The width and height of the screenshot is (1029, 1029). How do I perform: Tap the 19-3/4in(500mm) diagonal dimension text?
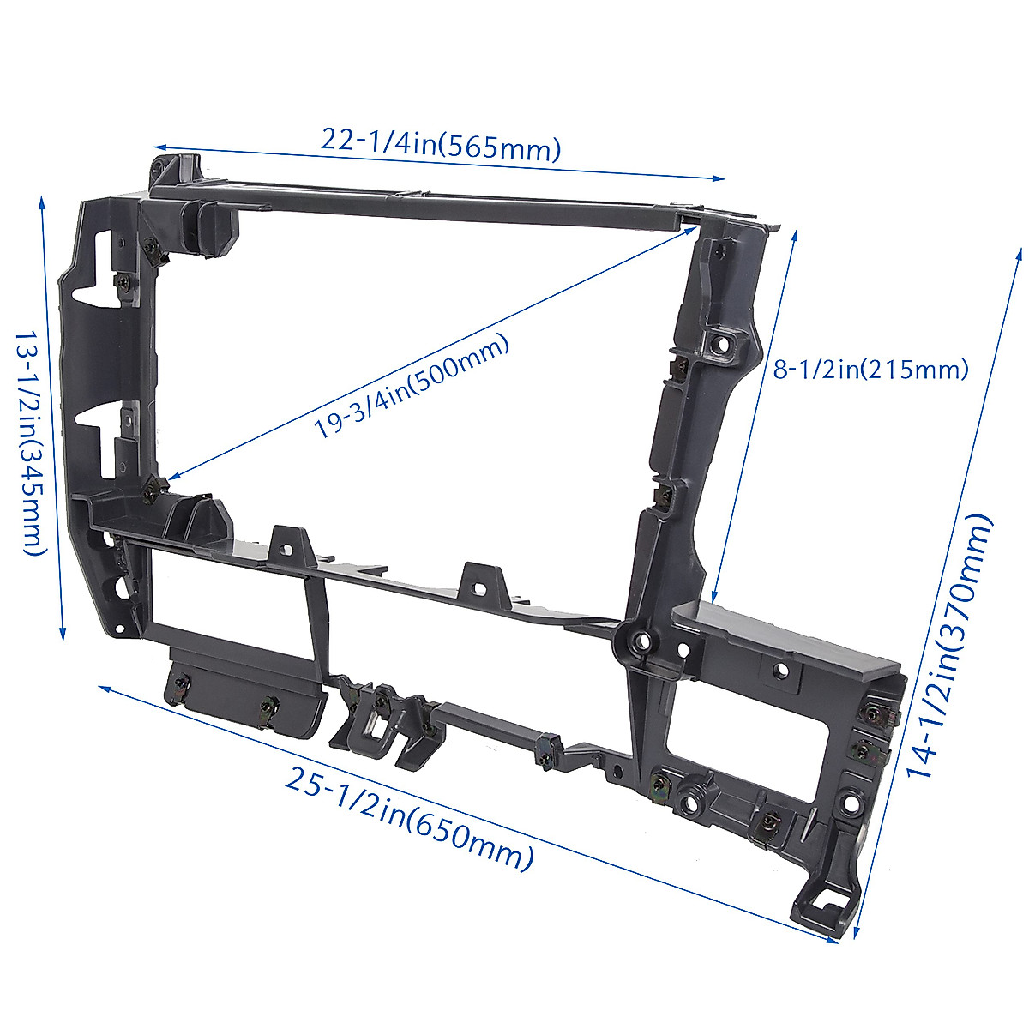[x=411, y=387]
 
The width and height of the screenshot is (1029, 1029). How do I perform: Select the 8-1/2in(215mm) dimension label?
[x=870, y=370]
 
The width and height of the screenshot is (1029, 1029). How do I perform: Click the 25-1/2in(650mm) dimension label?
[x=409, y=819]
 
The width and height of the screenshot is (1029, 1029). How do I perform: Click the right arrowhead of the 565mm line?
[x=720, y=178]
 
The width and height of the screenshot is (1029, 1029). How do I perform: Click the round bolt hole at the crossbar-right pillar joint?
[x=636, y=640]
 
